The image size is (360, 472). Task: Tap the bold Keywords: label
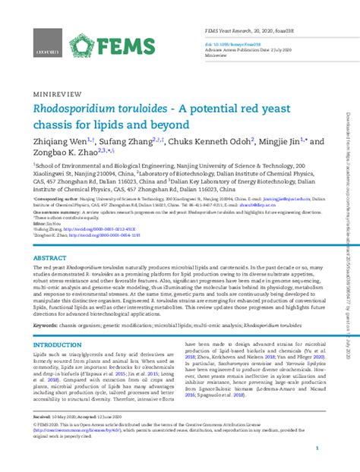(48, 323)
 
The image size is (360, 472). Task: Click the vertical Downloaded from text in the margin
(348, 152)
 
